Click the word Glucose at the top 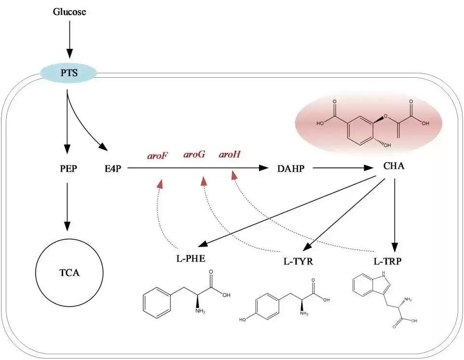pyautogui.click(x=69, y=12)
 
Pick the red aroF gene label pyautogui.click(x=157, y=155)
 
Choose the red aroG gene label pyautogui.click(x=194, y=155)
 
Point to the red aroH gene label pyautogui.click(x=230, y=155)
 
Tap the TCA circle pyautogui.click(x=70, y=273)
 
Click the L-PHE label pyautogui.click(x=191, y=258)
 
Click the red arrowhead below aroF pyautogui.click(x=160, y=183)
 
